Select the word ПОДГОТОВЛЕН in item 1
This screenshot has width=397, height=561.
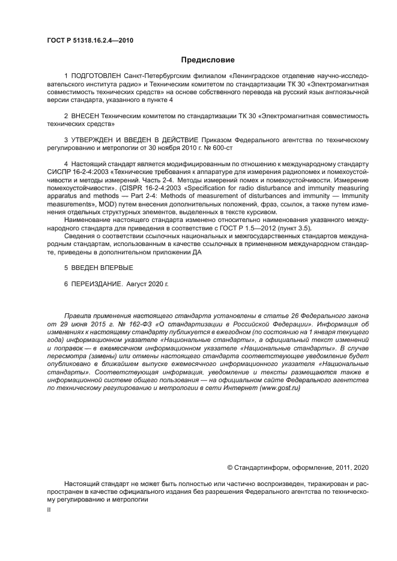96,77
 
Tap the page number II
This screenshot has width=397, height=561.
49,509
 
